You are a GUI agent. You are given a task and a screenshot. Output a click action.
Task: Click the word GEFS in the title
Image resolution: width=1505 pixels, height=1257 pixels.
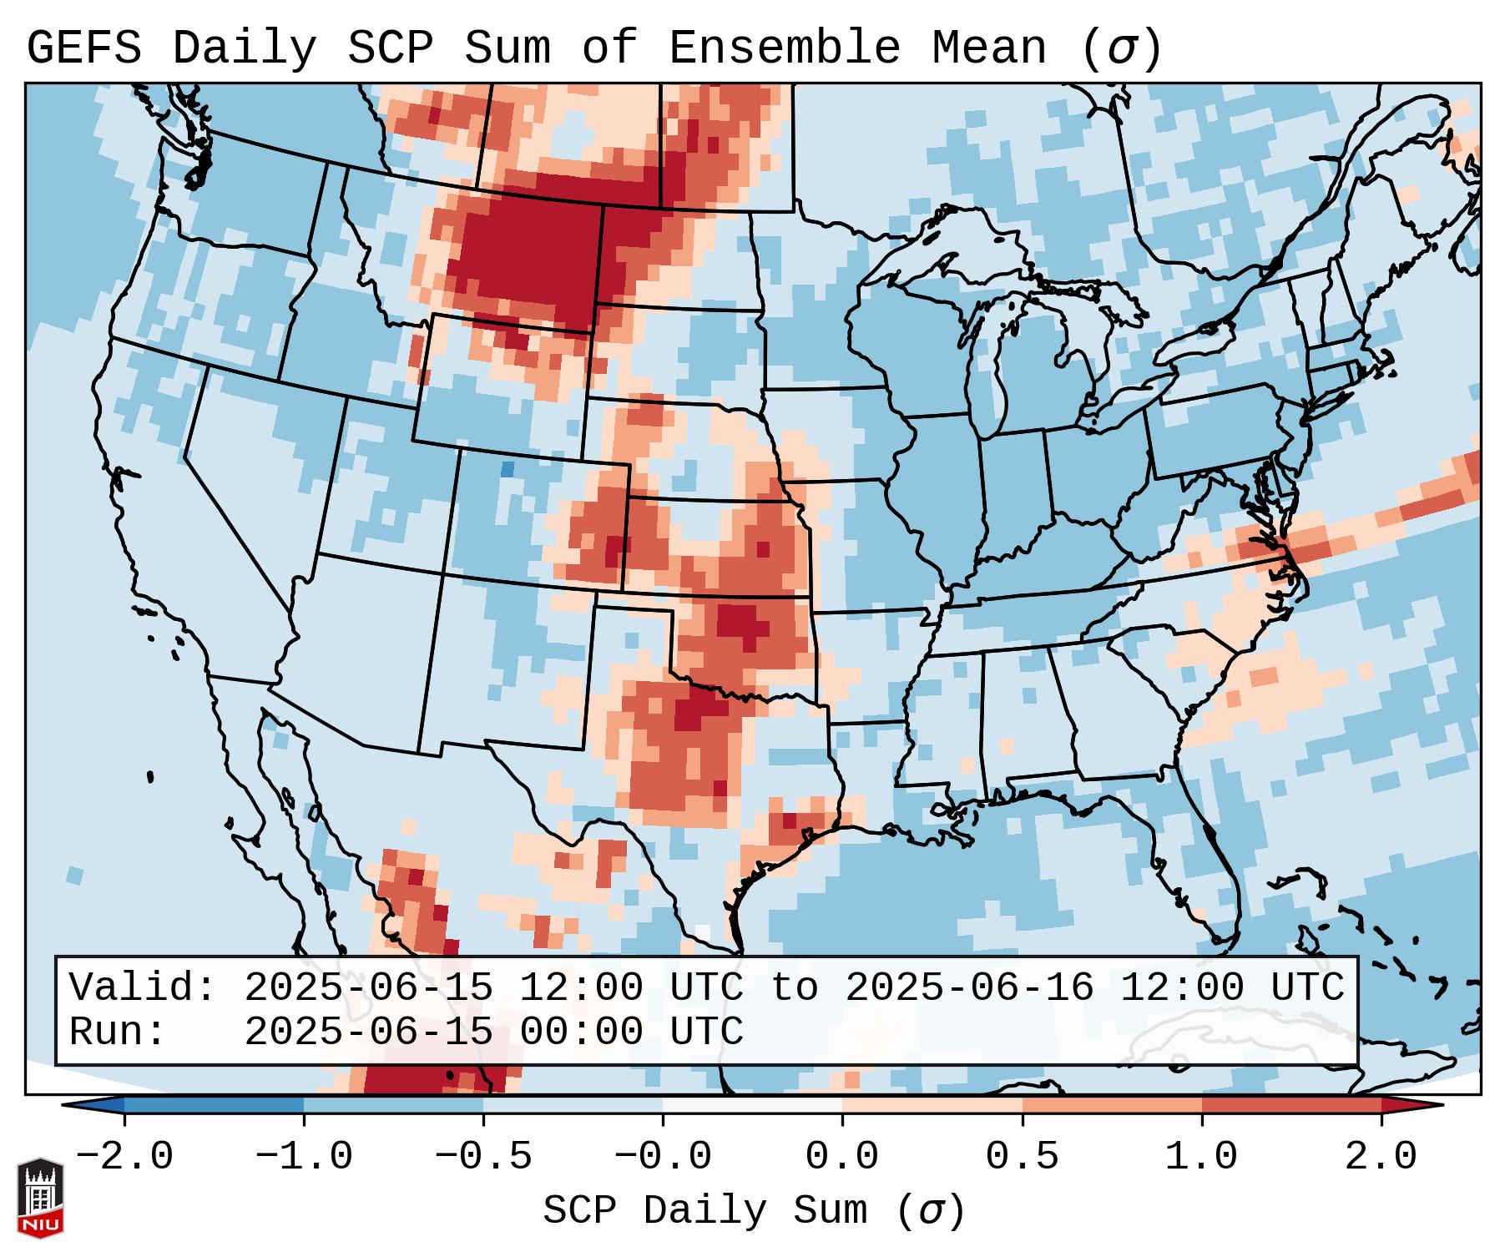click(x=83, y=48)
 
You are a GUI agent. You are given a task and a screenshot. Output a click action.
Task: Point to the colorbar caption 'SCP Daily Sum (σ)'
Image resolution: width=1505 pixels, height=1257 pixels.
click(x=753, y=1211)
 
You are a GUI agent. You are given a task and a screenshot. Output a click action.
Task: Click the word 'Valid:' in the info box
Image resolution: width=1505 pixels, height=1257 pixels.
click(x=143, y=988)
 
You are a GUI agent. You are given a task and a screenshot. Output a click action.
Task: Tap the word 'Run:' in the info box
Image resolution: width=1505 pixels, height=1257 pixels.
click(x=118, y=1032)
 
